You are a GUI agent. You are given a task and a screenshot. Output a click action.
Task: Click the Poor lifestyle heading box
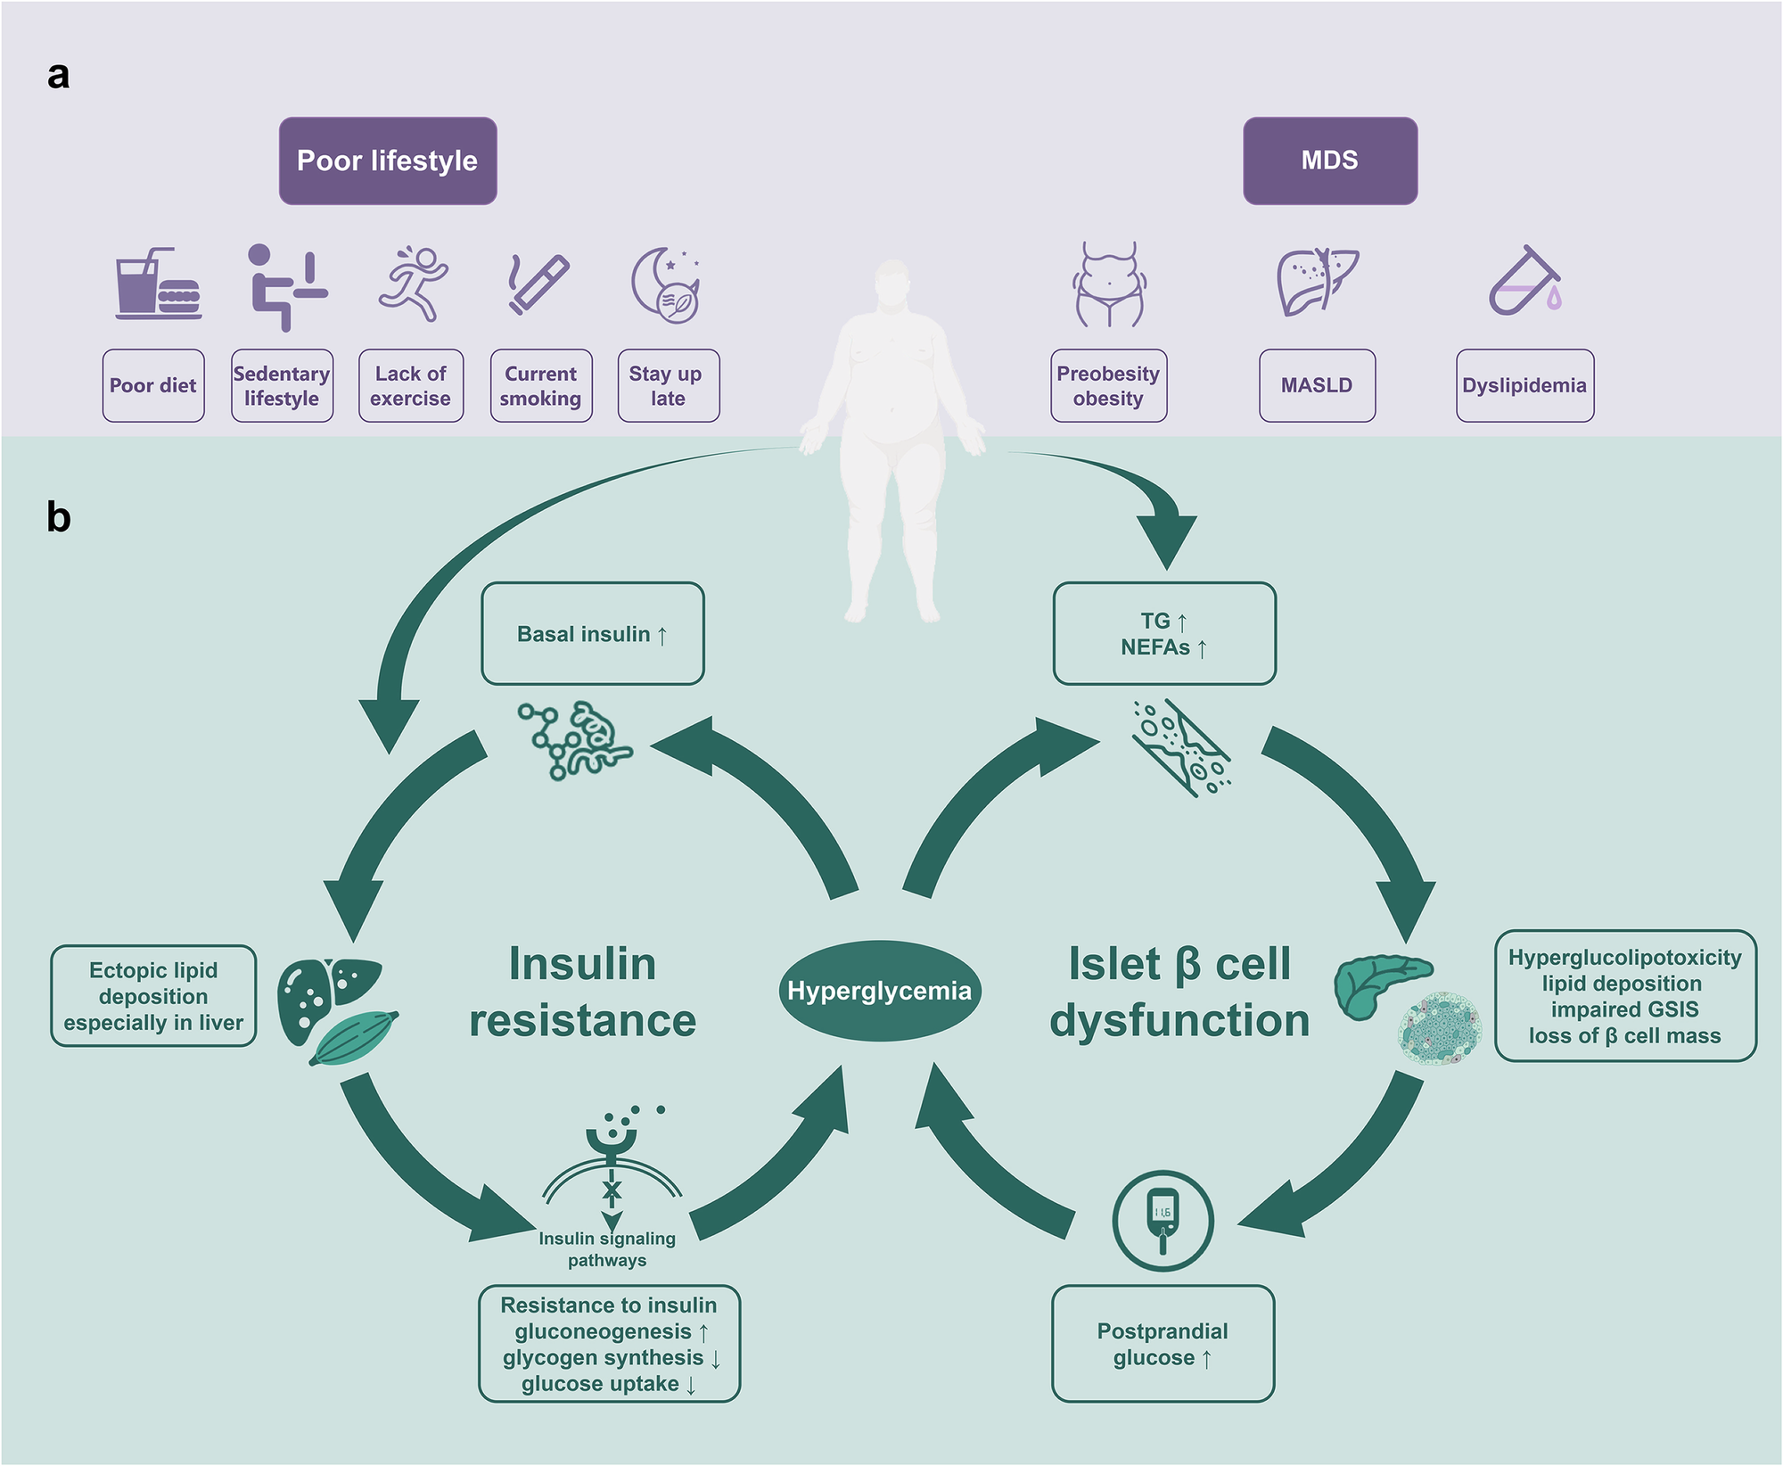388,161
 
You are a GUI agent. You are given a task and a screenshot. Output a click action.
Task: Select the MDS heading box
1330,161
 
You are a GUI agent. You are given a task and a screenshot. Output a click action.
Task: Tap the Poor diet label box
153,385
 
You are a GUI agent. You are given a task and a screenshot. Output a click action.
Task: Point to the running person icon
413,284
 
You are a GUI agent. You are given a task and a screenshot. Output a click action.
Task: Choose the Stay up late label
668,385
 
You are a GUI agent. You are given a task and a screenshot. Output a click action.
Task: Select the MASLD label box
1317,385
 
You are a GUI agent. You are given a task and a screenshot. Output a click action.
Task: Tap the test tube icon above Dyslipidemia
1525,282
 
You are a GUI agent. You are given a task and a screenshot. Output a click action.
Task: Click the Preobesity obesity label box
1108,385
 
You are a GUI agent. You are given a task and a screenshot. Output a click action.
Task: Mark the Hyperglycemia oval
879,991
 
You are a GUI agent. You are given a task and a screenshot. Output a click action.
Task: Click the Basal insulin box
593,634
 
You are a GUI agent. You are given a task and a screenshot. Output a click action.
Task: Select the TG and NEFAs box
1164,634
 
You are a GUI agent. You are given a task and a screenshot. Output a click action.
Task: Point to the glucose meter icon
1163,1221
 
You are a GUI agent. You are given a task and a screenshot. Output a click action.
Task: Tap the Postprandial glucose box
1163,1344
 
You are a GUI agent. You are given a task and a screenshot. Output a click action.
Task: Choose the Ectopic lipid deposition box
153,996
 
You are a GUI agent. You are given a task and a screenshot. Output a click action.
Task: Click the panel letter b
59,517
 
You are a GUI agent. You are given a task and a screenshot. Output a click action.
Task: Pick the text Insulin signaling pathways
607,1248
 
